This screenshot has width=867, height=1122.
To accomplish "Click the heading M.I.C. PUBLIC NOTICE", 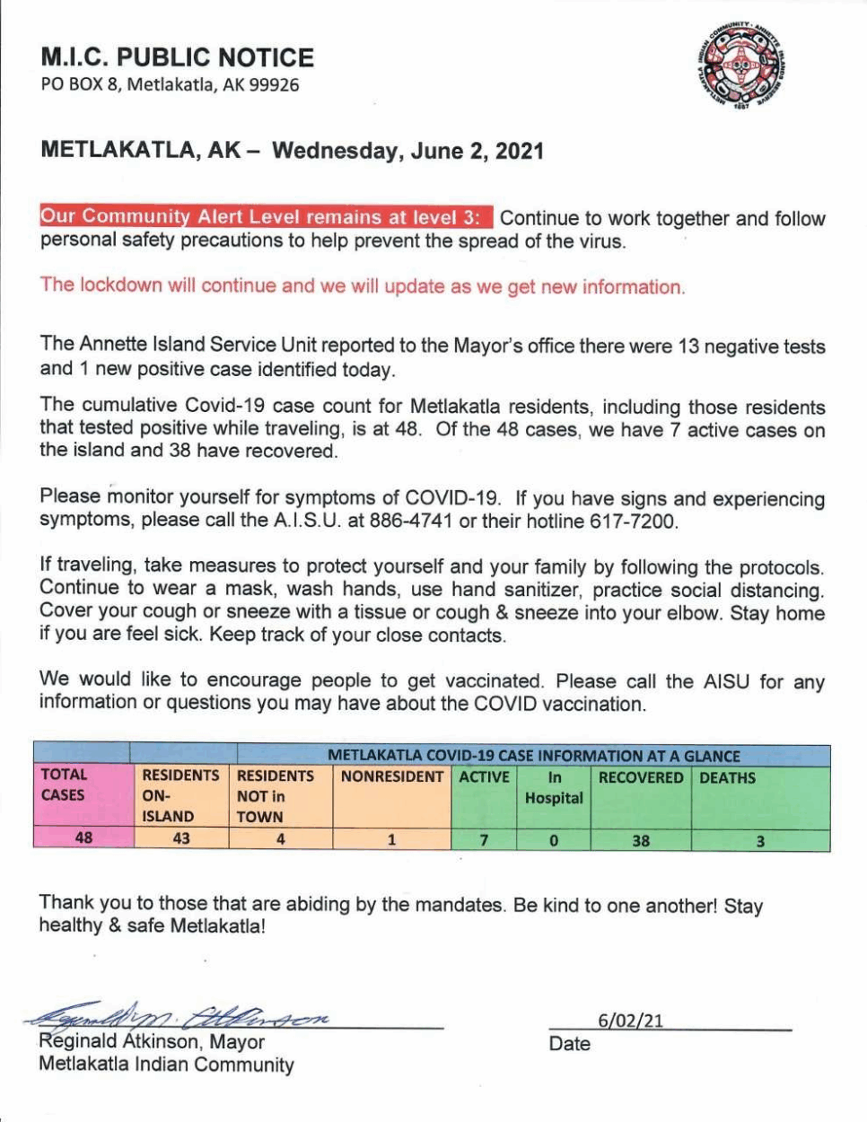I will [177, 57].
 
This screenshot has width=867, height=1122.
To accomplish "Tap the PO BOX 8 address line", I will [170, 85].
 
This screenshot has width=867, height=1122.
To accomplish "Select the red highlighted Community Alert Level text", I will [265, 217].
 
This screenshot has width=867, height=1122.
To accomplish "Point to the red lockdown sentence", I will [362, 286].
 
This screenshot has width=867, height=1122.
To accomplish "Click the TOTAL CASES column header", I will [65, 785].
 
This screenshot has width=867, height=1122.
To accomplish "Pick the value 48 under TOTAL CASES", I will [83, 837].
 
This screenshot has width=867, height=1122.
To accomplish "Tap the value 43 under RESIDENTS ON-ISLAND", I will [181, 838].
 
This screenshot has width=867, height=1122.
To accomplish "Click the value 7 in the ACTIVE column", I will [484, 840].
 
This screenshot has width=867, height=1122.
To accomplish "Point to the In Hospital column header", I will [554, 787].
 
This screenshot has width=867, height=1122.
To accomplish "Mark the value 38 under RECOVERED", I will [641, 841].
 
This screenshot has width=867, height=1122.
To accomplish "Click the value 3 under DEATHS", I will [760, 841].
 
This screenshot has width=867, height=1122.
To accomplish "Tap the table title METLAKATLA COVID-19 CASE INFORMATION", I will [533, 756].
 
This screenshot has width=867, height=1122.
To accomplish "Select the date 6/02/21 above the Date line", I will [630, 1021].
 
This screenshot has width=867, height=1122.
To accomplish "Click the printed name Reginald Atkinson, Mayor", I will [152, 1042].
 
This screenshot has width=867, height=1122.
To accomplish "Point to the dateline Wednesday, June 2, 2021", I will [407, 150].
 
